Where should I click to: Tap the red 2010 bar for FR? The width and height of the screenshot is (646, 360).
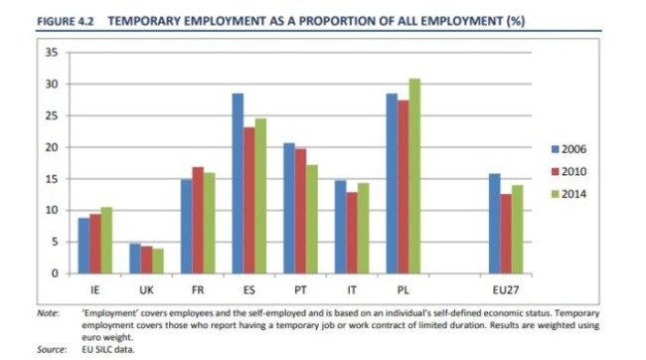pyautogui.click(x=198, y=220)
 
